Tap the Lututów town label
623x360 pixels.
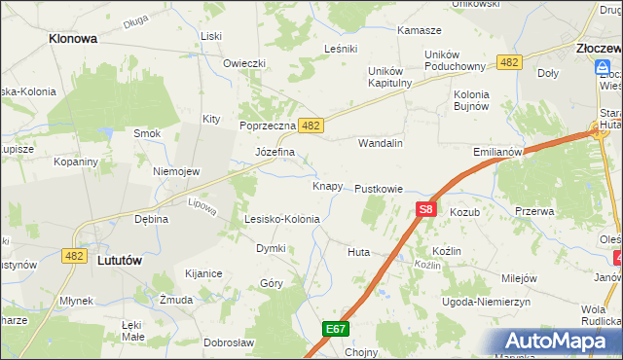(x=122, y=260)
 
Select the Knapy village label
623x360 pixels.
(x=327, y=186)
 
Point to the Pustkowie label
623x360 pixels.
(x=379, y=189)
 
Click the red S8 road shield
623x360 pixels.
(x=425, y=208)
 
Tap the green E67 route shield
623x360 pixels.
(x=336, y=330)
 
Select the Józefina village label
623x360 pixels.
(x=275, y=153)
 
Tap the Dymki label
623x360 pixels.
(x=271, y=248)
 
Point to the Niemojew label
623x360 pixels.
(x=176, y=171)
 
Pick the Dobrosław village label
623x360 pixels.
(x=229, y=342)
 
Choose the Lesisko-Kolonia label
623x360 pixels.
(x=282, y=219)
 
